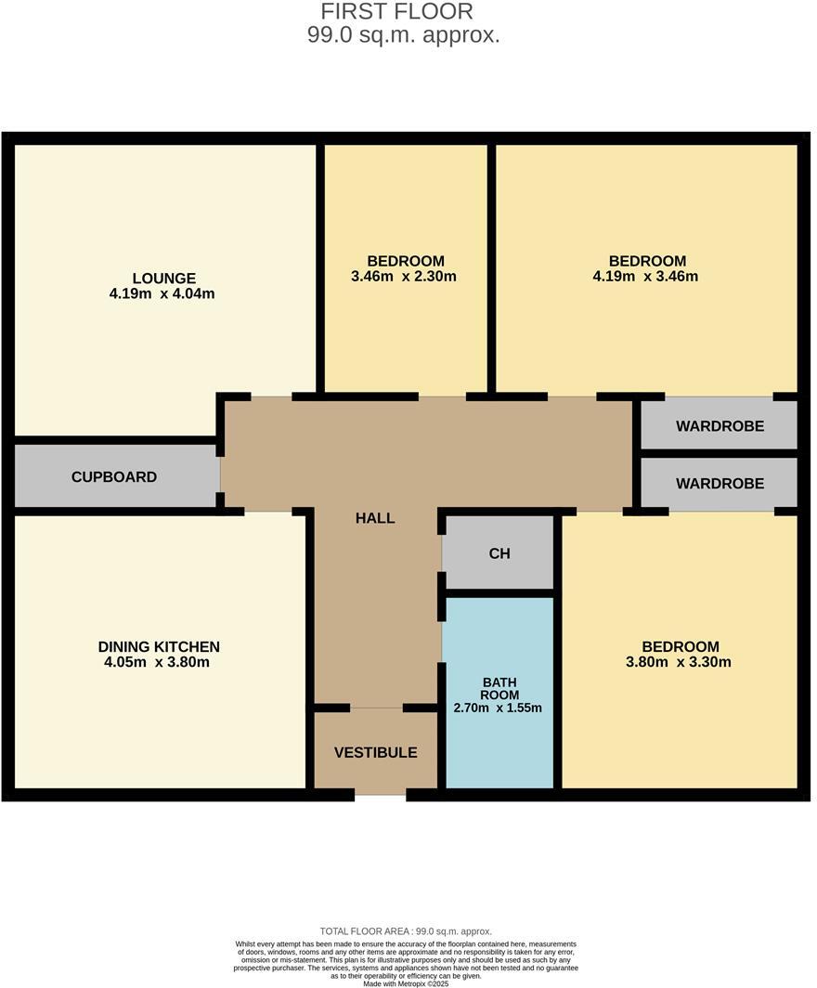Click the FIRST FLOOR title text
point(396,12)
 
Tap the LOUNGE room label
point(163,279)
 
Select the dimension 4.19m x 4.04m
point(162,294)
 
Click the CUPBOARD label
point(114,477)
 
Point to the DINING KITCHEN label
point(159,647)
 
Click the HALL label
point(375,518)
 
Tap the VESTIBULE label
point(376,752)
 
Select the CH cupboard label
point(499,553)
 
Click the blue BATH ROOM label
point(499,688)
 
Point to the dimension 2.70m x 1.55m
point(498,708)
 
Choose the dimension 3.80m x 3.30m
point(681,663)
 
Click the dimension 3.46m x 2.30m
point(406,277)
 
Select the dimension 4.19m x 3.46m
point(647,277)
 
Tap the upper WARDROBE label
point(720,426)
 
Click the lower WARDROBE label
point(720,484)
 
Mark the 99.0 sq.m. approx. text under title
point(403,36)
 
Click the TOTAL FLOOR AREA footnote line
point(406,931)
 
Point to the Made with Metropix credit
point(406,983)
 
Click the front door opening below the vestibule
point(381,795)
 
